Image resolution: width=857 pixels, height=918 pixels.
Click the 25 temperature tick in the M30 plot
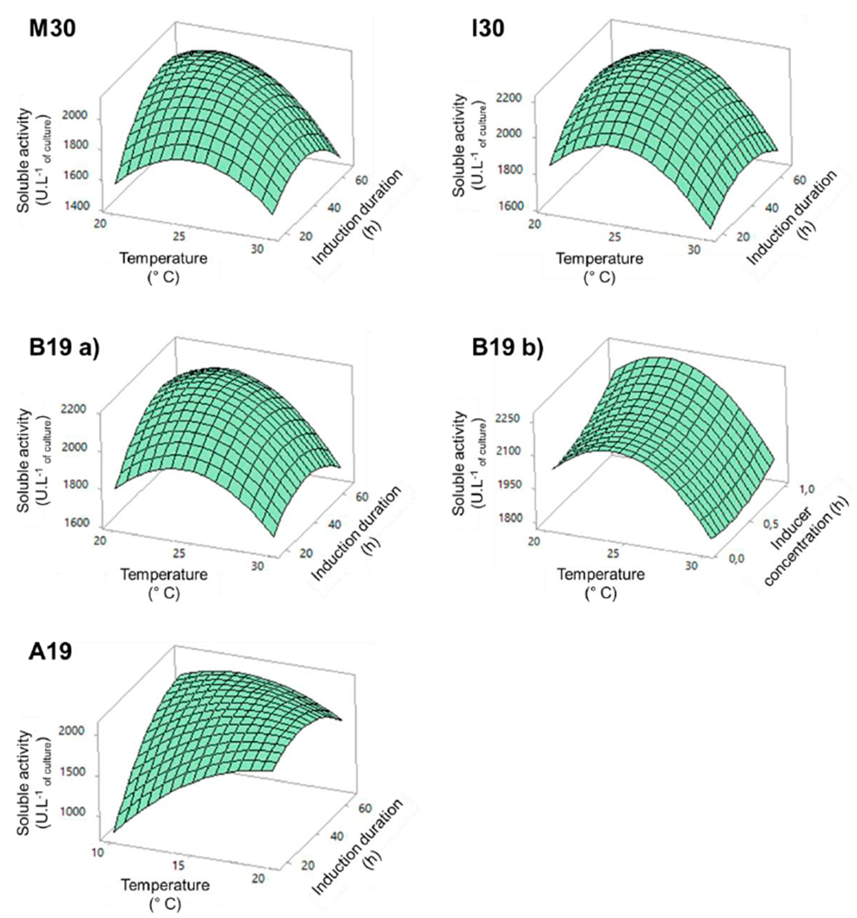tap(179, 236)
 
